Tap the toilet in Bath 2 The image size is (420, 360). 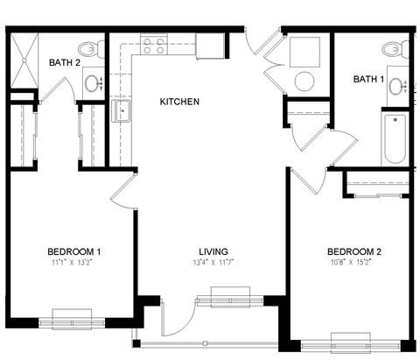click(87, 51)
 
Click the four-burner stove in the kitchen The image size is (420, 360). click(154, 45)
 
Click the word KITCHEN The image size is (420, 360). click(179, 102)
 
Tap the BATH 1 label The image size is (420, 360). click(368, 80)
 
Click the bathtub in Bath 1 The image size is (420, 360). click(395, 138)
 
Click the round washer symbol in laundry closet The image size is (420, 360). click(304, 81)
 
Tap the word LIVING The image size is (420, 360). click(212, 251)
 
